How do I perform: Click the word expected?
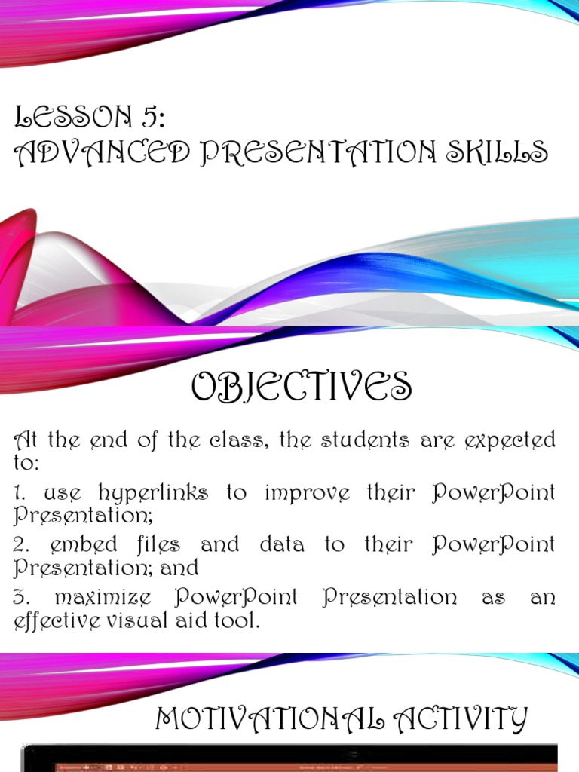513,441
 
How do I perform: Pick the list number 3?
20,598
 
